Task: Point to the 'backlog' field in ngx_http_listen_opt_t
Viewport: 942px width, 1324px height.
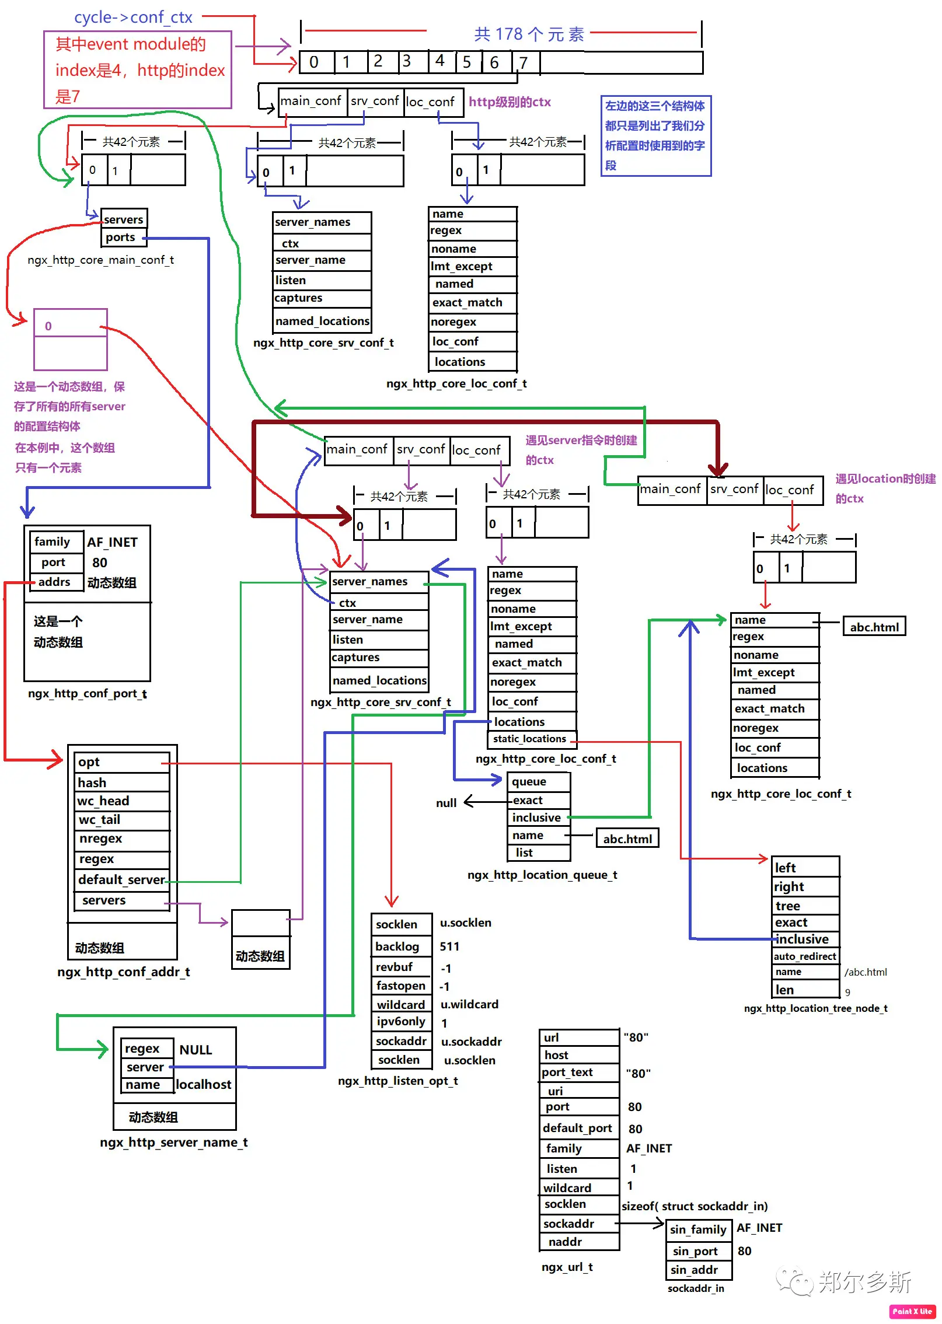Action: coord(402,946)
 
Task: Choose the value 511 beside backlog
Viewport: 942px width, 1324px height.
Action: coord(449,946)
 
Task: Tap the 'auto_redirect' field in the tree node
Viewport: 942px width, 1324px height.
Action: coord(805,956)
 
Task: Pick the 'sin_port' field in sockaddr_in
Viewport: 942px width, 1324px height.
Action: coord(699,1251)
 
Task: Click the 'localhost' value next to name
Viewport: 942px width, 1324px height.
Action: coord(204,1085)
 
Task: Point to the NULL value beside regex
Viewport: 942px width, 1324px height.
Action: coord(196,1050)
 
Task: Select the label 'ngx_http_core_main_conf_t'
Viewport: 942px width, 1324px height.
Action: coord(101,260)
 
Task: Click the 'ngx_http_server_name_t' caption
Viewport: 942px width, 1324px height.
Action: coord(174,1142)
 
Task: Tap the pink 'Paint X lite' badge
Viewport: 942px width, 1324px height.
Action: coord(912,1311)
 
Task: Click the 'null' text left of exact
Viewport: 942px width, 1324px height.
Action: coord(446,803)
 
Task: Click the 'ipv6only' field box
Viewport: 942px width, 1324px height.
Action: coord(402,1021)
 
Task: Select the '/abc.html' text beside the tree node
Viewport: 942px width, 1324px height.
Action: coord(866,972)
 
